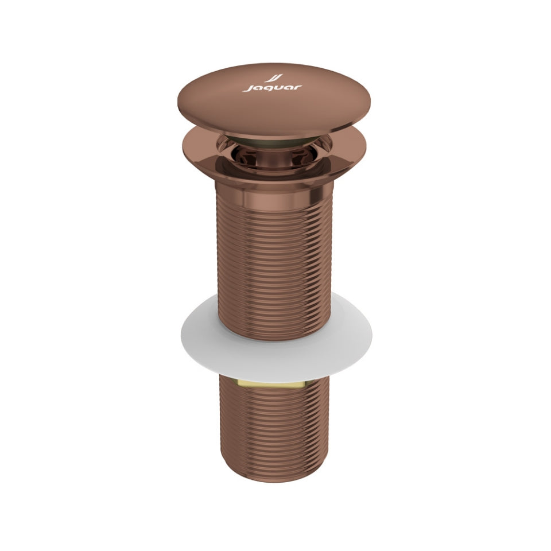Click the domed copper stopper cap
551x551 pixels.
274,103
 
